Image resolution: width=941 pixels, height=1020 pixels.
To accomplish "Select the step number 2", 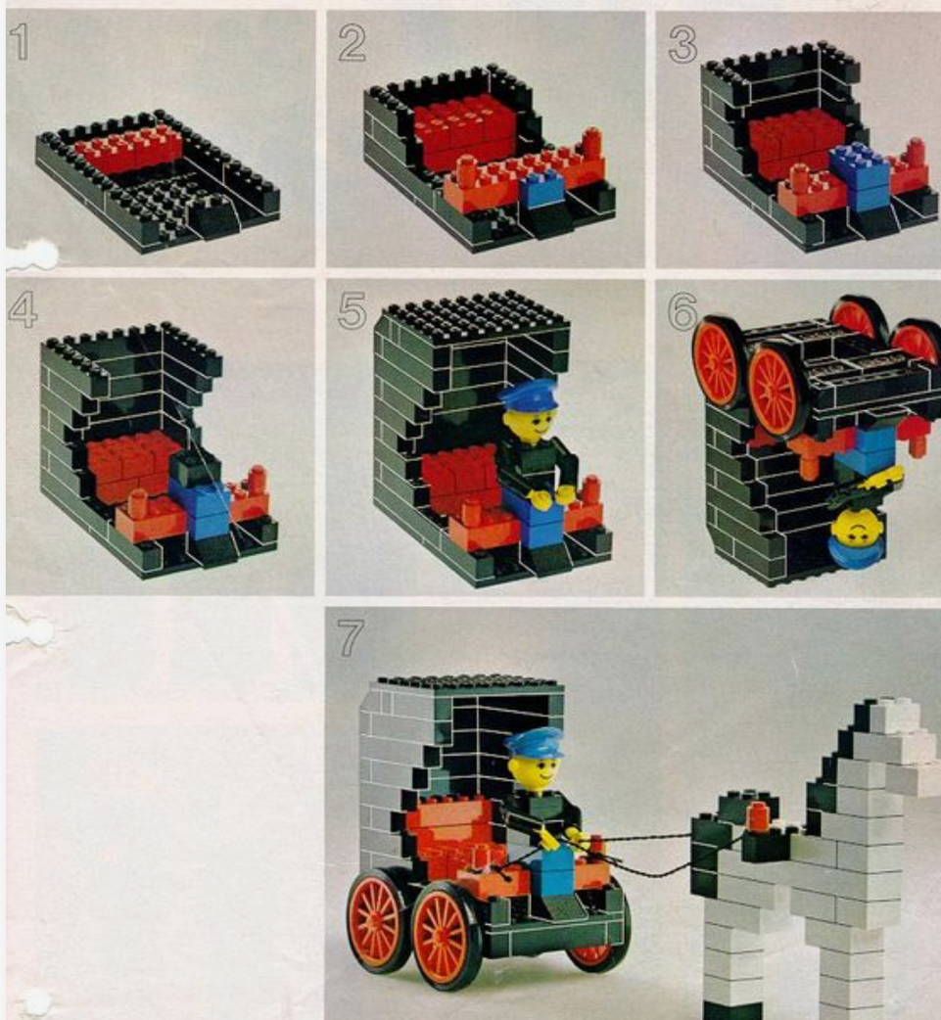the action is coord(353,44).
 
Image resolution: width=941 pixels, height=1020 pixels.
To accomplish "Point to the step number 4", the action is coord(23,309).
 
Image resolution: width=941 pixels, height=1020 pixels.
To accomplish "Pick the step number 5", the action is coord(353,309).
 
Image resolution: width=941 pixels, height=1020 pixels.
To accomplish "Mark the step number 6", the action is coord(682,311).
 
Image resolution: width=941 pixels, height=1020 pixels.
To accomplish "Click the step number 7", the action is coord(351,637).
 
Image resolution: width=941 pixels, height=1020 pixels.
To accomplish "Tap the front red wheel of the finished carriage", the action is coord(443,937).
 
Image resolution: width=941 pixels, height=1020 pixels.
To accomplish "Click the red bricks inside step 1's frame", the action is coord(129,150).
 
